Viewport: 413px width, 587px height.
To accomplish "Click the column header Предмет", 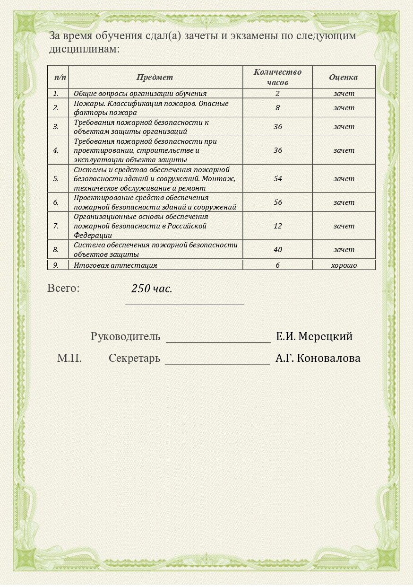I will pyautogui.click(x=155, y=77).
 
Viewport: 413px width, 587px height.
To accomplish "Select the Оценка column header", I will pyautogui.click(x=344, y=77).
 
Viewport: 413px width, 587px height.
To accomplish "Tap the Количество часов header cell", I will pyautogui.click(x=277, y=77).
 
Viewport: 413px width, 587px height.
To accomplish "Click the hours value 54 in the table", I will pyautogui.click(x=277, y=179).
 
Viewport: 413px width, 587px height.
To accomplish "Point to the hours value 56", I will pyautogui.click(x=277, y=202).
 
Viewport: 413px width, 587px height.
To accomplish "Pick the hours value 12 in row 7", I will pyautogui.click(x=277, y=226).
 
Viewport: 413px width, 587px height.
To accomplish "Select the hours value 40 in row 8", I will pyautogui.click(x=277, y=250).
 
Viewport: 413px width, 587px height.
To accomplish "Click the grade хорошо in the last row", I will pyautogui.click(x=344, y=265).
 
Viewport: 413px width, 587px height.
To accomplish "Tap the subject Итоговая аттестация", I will pyautogui.click(x=115, y=265).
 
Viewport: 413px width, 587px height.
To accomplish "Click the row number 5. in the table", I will pyautogui.click(x=56, y=179).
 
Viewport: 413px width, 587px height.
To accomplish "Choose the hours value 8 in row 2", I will pyautogui.click(x=277, y=108).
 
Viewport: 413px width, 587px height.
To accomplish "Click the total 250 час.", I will pyautogui.click(x=152, y=289).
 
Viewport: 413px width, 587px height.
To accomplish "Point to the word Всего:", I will pyautogui.click(x=63, y=288).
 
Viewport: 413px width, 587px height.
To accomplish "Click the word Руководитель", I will pyautogui.click(x=125, y=337).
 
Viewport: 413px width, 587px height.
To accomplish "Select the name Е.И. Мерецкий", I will pyautogui.click(x=314, y=337).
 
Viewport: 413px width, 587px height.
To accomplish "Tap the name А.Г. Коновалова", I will pyautogui.click(x=318, y=359).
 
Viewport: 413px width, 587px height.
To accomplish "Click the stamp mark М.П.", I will pyautogui.click(x=69, y=359).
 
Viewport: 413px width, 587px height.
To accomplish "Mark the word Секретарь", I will pyautogui.click(x=134, y=359).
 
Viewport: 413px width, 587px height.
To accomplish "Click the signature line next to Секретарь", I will pyautogui.click(x=217, y=362).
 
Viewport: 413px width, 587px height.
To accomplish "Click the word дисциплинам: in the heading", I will pyautogui.click(x=84, y=49).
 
